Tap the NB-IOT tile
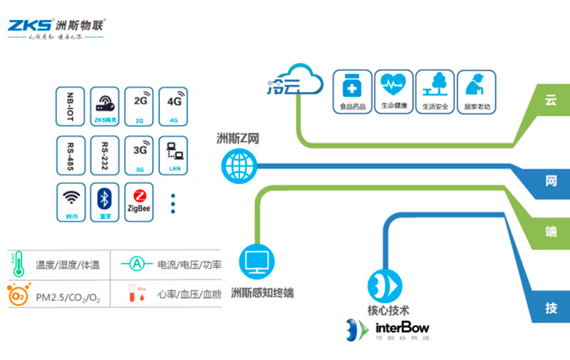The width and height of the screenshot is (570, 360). pyautogui.click(x=71, y=107)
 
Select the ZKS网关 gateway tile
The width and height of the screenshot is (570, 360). pyautogui.click(x=105, y=107)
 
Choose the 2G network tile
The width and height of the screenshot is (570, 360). pyautogui.click(x=140, y=107)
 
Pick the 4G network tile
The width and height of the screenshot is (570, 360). pyautogui.click(x=173, y=107)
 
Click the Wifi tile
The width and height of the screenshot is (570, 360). pyautogui.click(x=71, y=202)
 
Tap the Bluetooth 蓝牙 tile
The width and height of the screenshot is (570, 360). pyautogui.click(x=105, y=202)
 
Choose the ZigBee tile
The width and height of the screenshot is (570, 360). pyautogui.click(x=140, y=202)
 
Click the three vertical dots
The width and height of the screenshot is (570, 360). pyautogui.click(x=173, y=203)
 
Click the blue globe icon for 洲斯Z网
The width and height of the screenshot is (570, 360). pyautogui.click(x=237, y=165)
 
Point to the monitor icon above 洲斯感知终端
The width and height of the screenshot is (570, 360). pyautogui.click(x=257, y=262)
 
